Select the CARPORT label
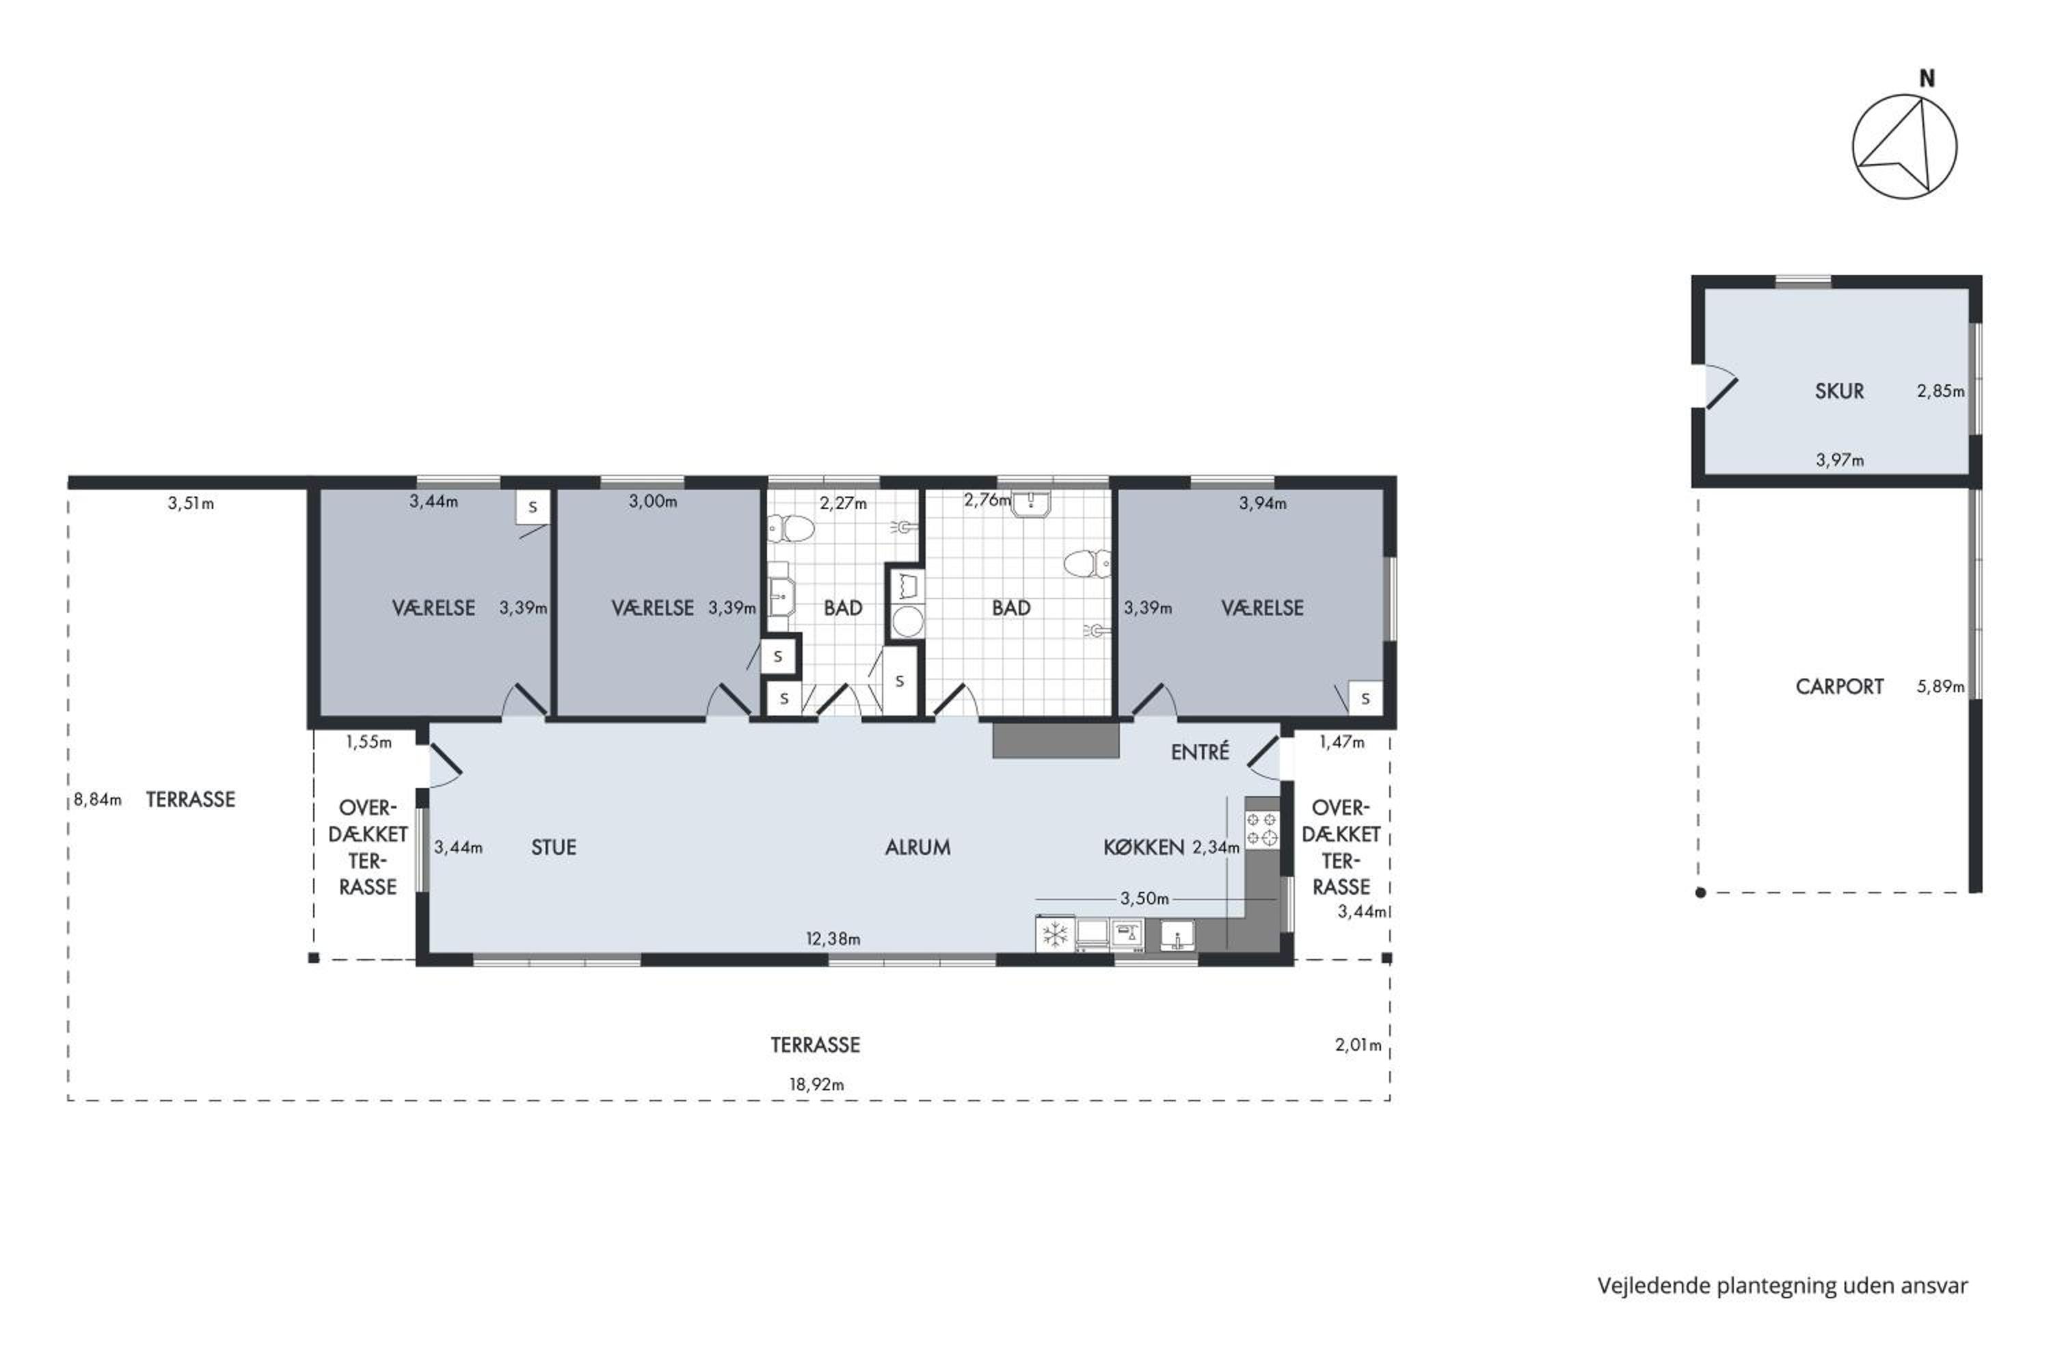1839,687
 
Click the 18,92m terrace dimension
816,1084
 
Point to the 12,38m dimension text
833,938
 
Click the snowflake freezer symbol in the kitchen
1055,935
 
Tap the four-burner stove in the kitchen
1261,829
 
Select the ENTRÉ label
1200,752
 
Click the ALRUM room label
917,847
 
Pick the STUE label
554,847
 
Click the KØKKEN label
1143,847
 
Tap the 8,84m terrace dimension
98,799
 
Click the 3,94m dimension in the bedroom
1262,503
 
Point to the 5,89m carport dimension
1940,687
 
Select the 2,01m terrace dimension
1358,1045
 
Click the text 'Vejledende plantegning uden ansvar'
1782,1285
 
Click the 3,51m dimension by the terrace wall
191,503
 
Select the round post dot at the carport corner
1700,893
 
